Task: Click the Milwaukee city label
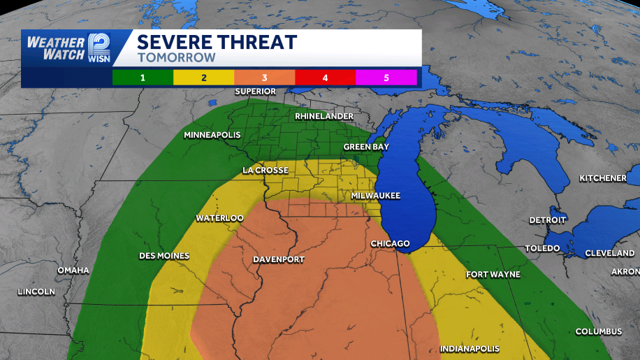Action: tap(375, 196)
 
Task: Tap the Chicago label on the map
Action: tap(390, 243)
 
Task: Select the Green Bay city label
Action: tap(366, 147)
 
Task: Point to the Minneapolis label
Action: tap(212, 135)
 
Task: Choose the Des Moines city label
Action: tap(164, 256)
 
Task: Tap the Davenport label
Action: tap(278, 259)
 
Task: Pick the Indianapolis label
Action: tap(470, 348)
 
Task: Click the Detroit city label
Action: tap(547, 219)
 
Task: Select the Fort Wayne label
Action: tap(493, 275)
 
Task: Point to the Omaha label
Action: tap(73, 270)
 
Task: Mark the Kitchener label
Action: tap(602, 178)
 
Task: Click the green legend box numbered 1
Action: tap(143, 78)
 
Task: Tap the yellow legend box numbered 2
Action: tap(203, 78)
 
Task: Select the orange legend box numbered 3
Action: tap(264, 78)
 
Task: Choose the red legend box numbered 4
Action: tap(325, 78)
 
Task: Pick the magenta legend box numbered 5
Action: tap(386, 78)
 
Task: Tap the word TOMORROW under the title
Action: tap(176, 58)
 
